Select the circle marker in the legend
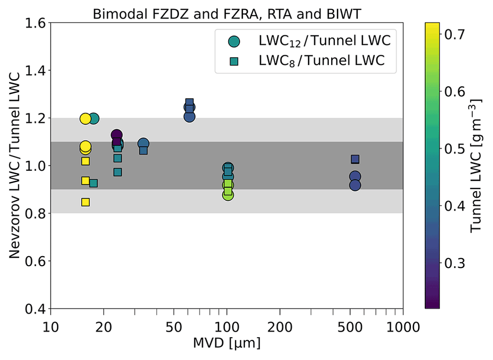[234, 41]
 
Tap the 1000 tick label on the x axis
[402, 327]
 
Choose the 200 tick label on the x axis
[280, 327]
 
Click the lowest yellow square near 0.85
[85, 202]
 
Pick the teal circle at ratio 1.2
[94, 118]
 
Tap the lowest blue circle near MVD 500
[355, 185]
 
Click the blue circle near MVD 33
[143, 143]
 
